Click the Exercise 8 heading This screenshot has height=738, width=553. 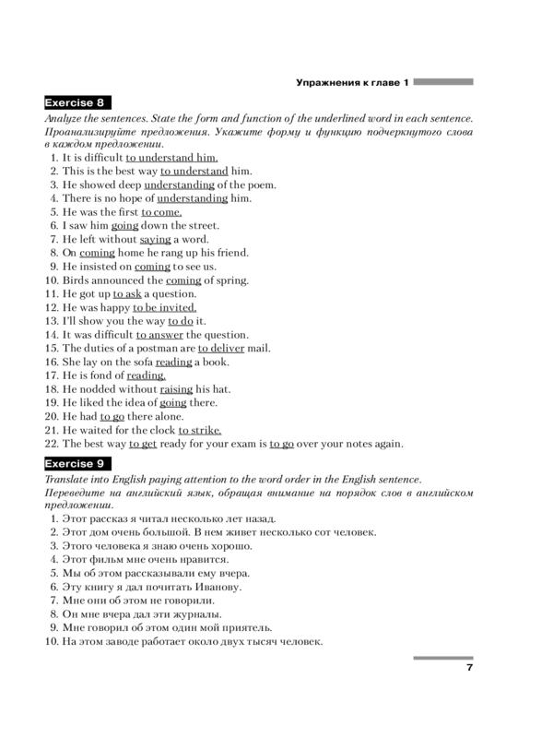(x=77, y=103)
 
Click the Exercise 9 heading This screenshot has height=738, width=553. (x=77, y=463)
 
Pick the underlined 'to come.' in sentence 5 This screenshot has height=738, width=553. (x=161, y=211)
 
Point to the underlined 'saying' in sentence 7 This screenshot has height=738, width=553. (x=155, y=238)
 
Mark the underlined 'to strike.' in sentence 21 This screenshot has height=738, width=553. (x=200, y=430)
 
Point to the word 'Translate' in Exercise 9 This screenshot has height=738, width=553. (x=66, y=479)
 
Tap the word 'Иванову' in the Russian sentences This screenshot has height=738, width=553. (x=217, y=586)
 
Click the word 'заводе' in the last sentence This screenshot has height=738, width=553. (x=117, y=640)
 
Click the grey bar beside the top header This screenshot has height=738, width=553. (x=443, y=82)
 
